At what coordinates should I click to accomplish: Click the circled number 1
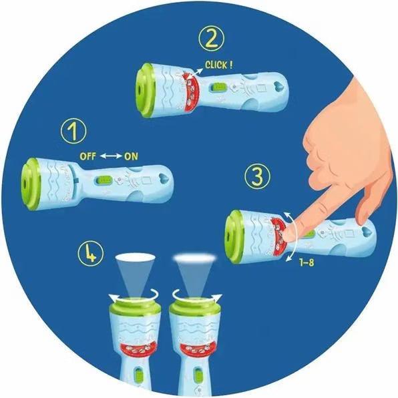(73, 132)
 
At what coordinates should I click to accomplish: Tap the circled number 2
(212, 39)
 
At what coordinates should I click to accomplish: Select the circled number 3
(258, 176)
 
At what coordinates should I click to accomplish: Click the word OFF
(88, 156)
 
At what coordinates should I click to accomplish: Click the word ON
(131, 156)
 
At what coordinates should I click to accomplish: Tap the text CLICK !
(218, 65)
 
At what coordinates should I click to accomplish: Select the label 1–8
(307, 262)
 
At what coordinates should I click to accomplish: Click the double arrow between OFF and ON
(111, 156)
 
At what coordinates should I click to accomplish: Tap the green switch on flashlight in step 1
(104, 180)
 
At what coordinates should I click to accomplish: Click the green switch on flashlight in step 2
(219, 87)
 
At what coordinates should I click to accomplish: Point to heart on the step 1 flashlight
(164, 178)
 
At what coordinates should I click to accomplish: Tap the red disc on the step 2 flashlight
(192, 91)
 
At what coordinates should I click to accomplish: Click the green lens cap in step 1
(31, 184)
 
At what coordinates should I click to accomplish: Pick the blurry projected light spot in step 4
(194, 258)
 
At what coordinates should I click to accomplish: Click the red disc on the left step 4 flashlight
(138, 349)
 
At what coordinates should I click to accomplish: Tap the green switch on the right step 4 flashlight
(197, 375)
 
